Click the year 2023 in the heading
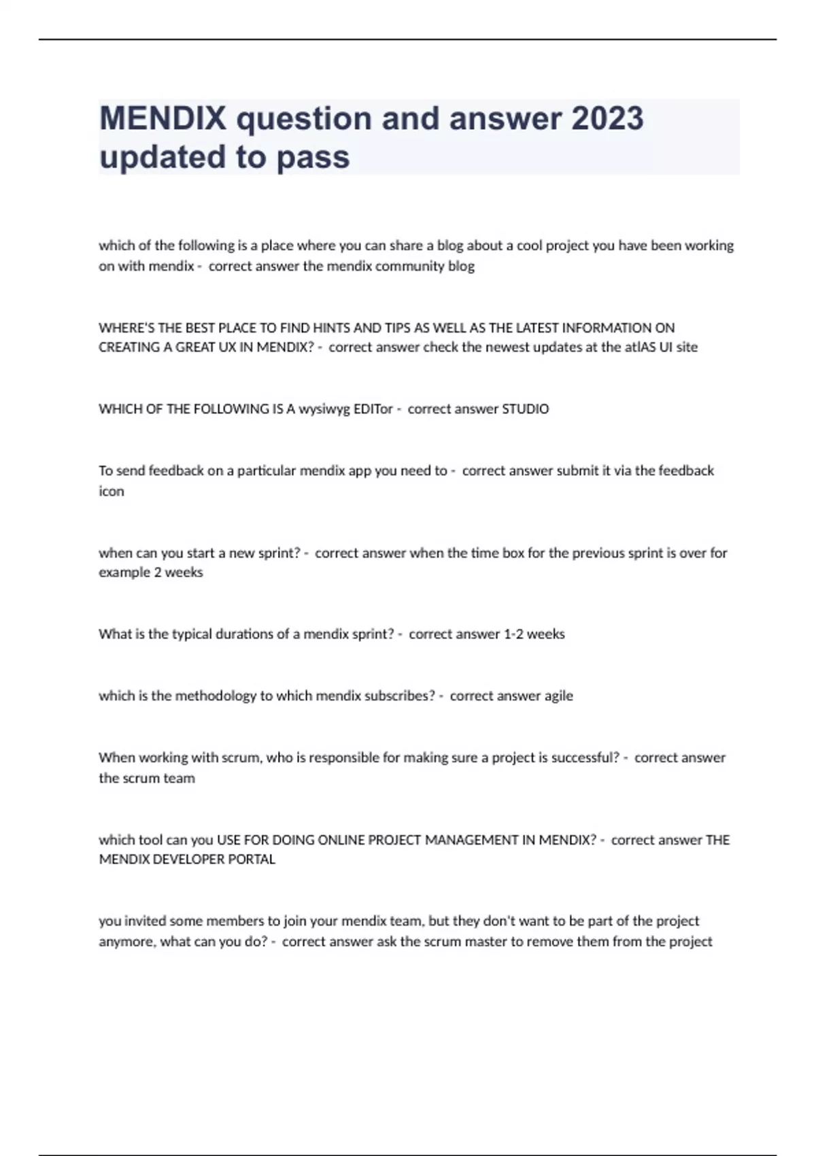click(x=607, y=118)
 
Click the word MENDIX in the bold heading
click(x=163, y=118)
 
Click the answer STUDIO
click(x=525, y=409)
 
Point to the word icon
click(x=112, y=491)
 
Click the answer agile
click(x=558, y=696)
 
